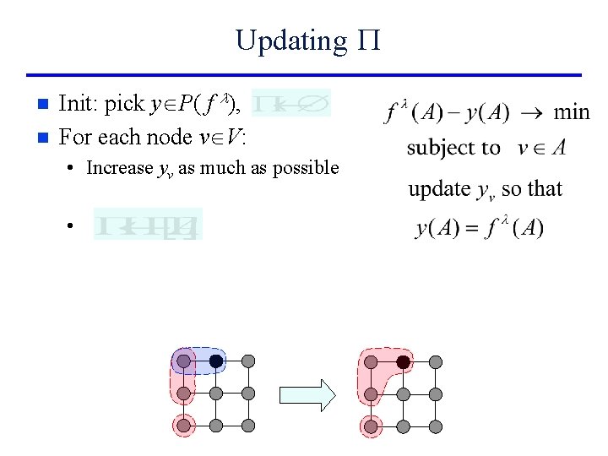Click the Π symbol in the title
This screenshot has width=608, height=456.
pos(369,40)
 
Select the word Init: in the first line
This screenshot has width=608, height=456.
pos(79,104)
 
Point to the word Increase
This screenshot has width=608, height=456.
pos(119,168)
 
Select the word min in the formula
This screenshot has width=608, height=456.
pos(572,111)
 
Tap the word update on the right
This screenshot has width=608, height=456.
pos(438,188)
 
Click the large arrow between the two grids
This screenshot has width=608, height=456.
pos(307,394)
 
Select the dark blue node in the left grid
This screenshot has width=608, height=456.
pos(216,361)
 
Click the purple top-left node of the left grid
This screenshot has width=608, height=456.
pos(183,361)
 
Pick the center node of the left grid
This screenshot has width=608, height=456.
pos(216,394)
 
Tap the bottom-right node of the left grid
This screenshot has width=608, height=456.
pos(248,426)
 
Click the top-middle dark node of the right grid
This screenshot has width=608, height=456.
pos(404,361)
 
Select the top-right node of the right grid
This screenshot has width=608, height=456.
pos(436,361)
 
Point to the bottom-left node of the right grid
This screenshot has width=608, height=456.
pos(371,426)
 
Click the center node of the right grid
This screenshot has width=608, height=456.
pos(404,394)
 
